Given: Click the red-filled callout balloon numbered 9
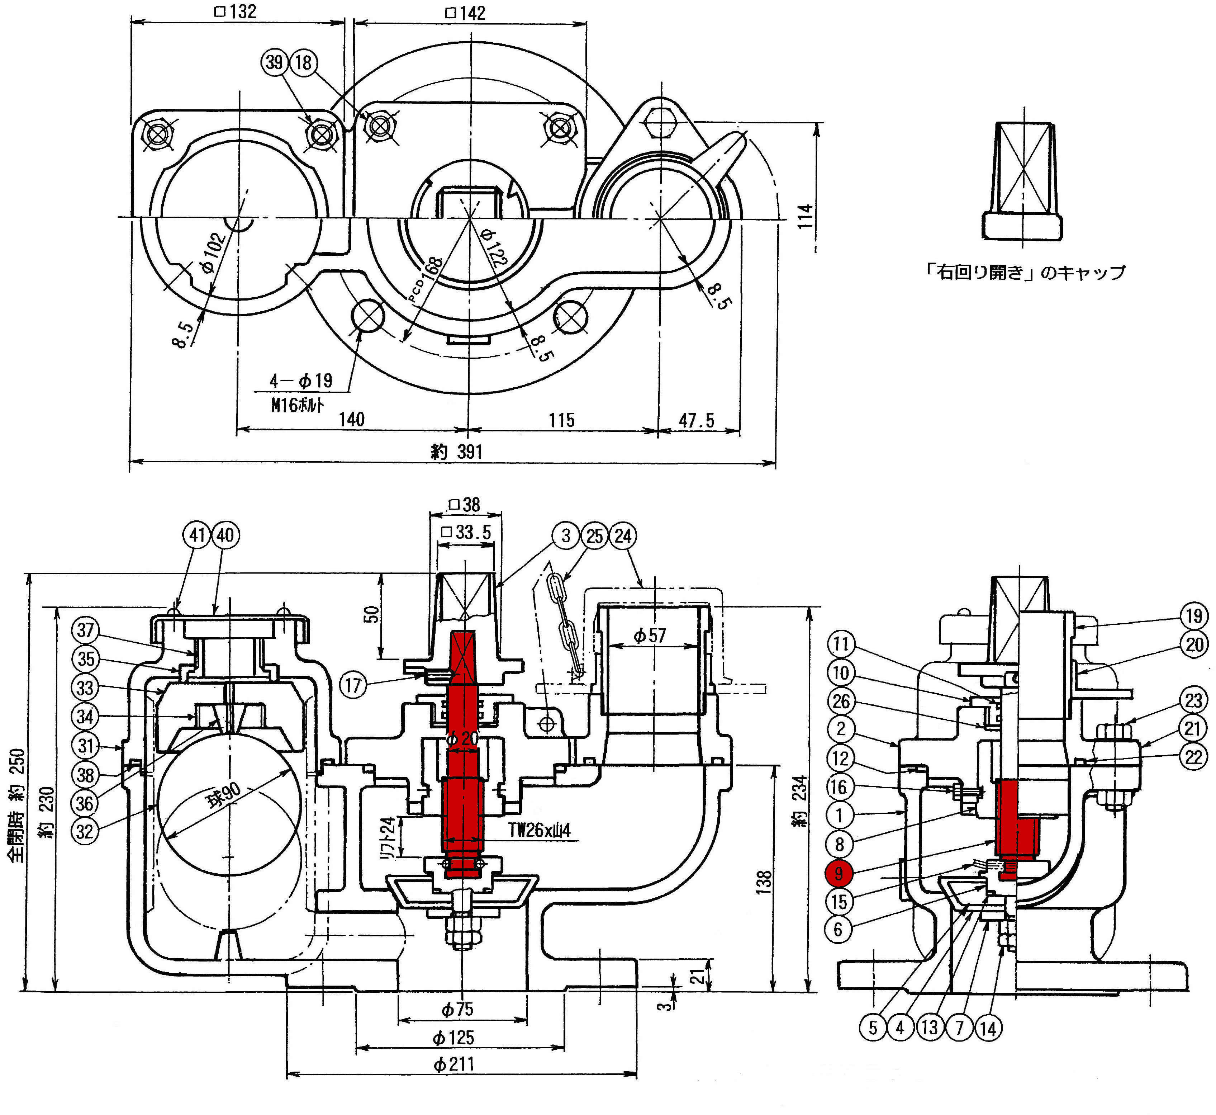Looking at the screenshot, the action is click(839, 873).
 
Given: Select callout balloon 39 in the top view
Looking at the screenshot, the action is click(275, 62).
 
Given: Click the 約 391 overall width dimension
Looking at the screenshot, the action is click(457, 451).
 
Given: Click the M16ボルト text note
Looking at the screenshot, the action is click(297, 404).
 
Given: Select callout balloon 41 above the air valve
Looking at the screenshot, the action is click(197, 535).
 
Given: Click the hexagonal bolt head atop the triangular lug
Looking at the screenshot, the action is click(661, 123).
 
